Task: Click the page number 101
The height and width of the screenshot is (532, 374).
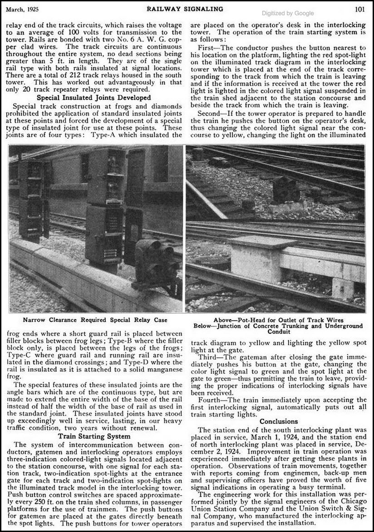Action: pyautogui.click(x=360, y=8)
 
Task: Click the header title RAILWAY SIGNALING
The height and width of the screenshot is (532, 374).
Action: pyautogui.click(x=188, y=8)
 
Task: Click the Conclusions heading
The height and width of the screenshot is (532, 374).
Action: pyautogui.click(x=279, y=421)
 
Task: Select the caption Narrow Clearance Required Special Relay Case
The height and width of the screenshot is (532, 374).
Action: pyautogui.click(x=95, y=320)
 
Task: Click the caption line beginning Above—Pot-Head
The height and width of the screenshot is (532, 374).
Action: pyautogui.click(x=279, y=320)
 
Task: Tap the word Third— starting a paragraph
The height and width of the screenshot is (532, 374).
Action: pyautogui.click(x=209, y=356)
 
